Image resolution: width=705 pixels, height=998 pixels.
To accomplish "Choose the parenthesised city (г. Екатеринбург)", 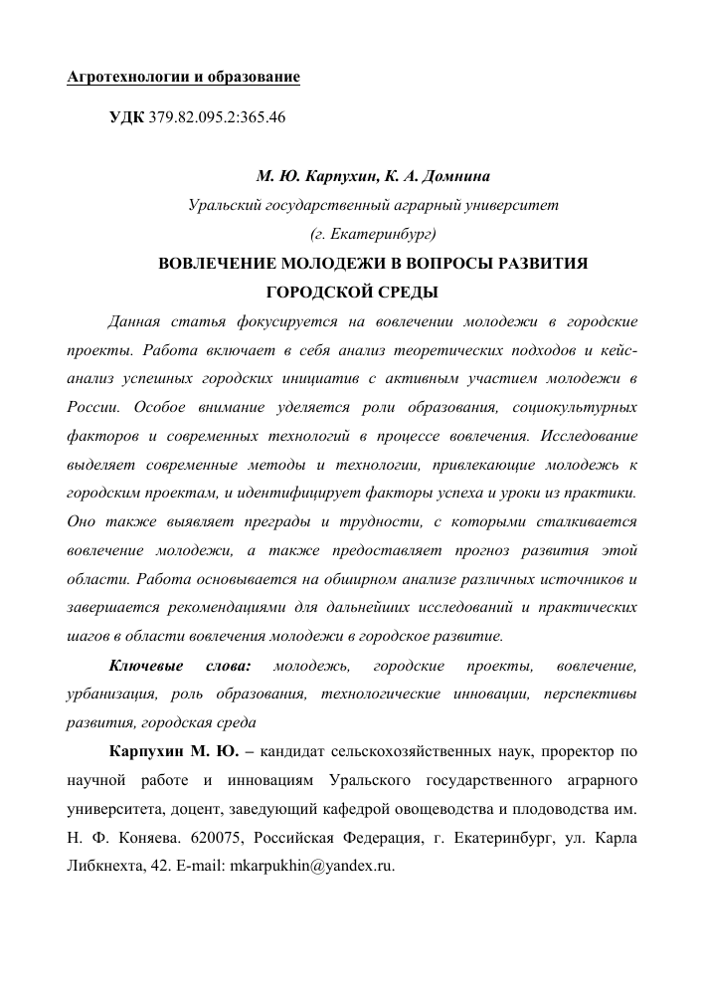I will pyautogui.click(x=373, y=236).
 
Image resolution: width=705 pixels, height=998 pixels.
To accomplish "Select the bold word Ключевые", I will pyautogui.click(x=143, y=665).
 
